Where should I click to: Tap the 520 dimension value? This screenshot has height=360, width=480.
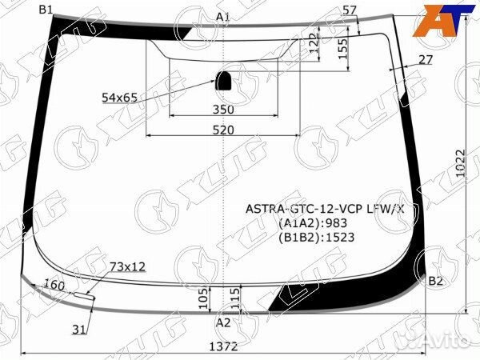[223, 130]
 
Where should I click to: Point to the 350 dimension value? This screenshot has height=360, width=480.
[223, 110]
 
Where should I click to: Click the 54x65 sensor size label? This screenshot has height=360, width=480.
[119, 98]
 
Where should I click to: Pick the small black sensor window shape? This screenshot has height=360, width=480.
[223, 79]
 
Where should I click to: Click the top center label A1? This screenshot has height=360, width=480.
[223, 17]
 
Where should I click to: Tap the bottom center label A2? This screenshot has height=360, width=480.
[223, 322]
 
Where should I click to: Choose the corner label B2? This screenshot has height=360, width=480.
[436, 281]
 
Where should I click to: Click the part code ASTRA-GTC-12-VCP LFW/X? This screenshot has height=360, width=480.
[325, 210]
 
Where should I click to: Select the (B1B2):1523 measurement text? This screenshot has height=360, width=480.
[316, 237]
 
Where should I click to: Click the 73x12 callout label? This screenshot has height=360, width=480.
[127, 266]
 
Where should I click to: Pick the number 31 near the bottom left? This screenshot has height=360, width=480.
[78, 329]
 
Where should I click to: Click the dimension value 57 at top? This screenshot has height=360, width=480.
[349, 10]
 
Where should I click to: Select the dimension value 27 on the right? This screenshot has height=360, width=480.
[425, 59]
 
